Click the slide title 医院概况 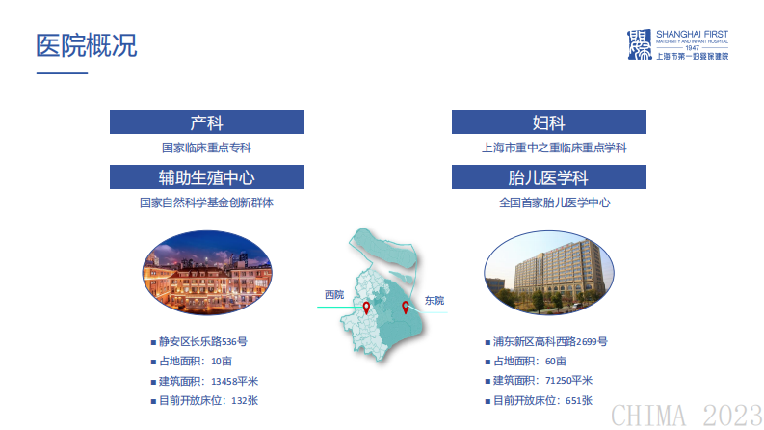86,45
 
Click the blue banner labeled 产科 206,122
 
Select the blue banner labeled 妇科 548,122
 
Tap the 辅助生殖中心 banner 206,177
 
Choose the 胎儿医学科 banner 548,177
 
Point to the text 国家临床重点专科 206,148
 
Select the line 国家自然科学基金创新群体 206,202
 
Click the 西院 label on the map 333,294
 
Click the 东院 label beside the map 434,301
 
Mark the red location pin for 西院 366,309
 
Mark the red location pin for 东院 406,308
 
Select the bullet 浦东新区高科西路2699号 549,342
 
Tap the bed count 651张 579,400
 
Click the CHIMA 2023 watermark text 686,415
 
